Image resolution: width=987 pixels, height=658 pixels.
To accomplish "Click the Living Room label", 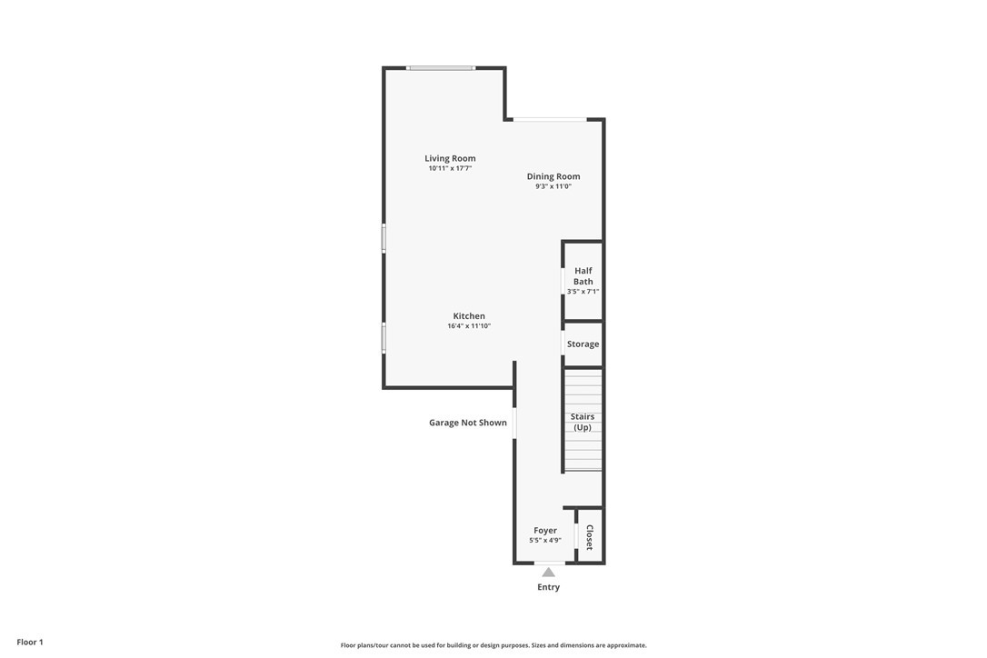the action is (x=450, y=158).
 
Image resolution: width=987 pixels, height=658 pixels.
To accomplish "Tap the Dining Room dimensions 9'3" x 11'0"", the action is (x=553, y=186).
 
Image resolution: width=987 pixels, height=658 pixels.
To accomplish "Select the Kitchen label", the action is (x=469, y=316).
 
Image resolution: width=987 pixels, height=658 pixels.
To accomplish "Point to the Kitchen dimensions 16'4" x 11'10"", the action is (x=469, y=326).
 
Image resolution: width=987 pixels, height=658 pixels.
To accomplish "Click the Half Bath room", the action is (x=583, y=281).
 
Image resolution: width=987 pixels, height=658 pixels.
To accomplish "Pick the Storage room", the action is (x=583, y=344).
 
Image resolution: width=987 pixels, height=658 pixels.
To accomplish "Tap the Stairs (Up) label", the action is (x=583, y=422).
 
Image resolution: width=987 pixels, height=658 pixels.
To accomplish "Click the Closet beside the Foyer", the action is (x=590, y=536).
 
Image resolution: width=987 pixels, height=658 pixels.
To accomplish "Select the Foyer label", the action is (x=545, y=530).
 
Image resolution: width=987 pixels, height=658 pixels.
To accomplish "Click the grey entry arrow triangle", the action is (x=549, y=572).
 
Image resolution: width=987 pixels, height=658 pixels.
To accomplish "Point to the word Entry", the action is (x=548, y=587).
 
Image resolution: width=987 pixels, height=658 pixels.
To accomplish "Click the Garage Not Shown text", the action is (x=468, y=423).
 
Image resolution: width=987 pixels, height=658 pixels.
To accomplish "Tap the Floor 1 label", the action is (x=30, y=643).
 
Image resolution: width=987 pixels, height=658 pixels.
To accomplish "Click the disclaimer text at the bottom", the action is (x=493, y=645).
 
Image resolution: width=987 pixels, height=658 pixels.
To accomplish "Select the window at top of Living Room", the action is (x=441, y=68).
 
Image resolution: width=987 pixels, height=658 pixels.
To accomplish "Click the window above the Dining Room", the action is (x=550, y=120).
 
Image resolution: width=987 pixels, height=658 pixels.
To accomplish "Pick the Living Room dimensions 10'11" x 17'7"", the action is (x=450, y=169).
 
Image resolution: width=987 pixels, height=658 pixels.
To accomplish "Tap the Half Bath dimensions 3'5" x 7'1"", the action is (x=583, y=292).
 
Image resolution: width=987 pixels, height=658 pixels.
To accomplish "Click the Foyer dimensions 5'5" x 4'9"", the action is (x=545, y=540).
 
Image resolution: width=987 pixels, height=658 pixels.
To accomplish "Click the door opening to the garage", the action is (x=514, y=424).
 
